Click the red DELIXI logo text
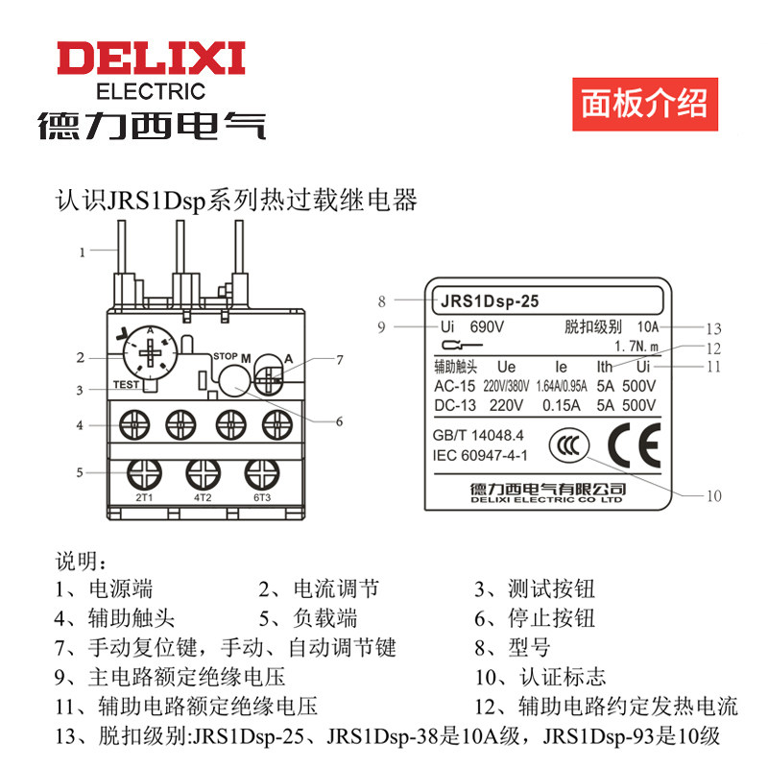point(151,59)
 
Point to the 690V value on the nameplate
point(488,326)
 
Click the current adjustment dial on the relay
point(150,357)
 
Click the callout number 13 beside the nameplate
point(711,327)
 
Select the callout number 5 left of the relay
point(81,471)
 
